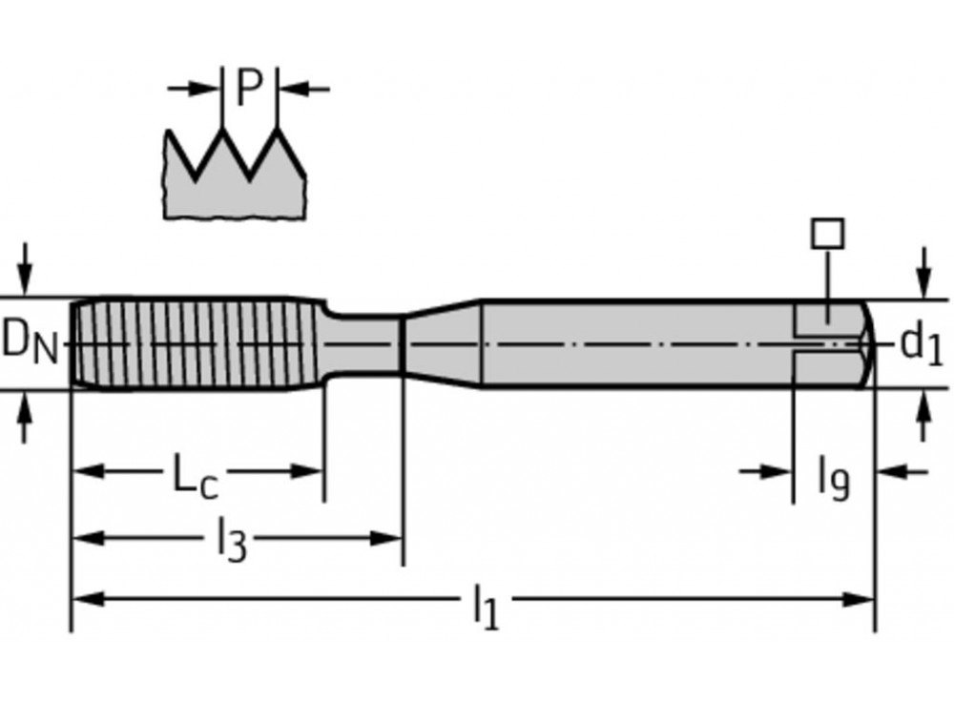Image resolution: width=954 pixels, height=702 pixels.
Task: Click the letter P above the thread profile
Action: pos(249,89)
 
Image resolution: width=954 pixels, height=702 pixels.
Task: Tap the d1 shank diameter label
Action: pos(922,343)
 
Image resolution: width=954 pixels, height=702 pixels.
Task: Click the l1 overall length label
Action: pos(486,608)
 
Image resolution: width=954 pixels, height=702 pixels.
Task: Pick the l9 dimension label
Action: pos(833,476)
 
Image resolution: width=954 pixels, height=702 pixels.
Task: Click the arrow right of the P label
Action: pos(303,89)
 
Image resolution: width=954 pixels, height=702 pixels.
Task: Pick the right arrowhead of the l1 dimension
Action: pos(859,600)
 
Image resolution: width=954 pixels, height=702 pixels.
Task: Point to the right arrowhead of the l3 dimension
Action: pos(386,539)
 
